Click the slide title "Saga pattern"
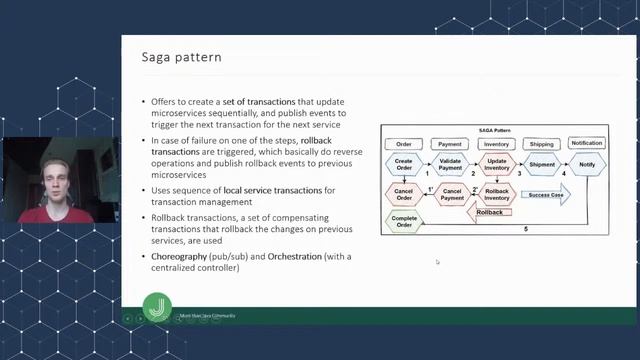(180, 58)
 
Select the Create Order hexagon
(404, 164)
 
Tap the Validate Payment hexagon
(451, 164)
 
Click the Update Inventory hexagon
(497, 164)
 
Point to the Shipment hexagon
(542, 164)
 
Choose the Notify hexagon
(586, 164)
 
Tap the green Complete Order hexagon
(404, 220)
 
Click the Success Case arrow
(546, 194)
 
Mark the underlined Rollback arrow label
(490, 212)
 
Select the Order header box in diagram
(404, 144)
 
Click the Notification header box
(586, 144)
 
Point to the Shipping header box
(541, 144)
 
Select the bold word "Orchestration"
(295, 257)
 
